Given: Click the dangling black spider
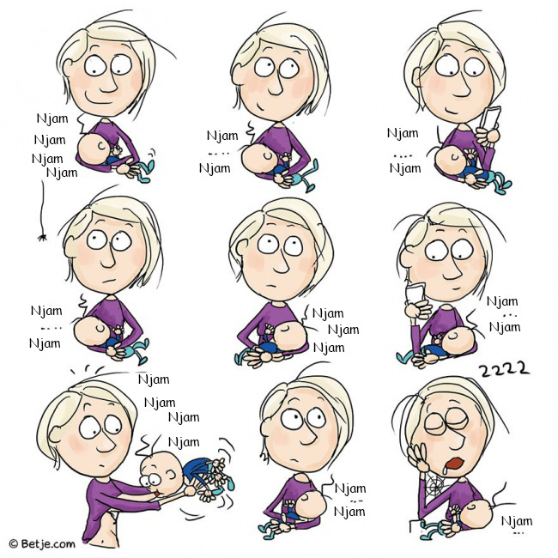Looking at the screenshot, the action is (42, 237).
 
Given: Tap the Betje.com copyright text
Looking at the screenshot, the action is (42, 543).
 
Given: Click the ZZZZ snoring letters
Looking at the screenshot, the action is (504, 369).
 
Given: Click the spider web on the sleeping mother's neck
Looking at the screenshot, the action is (435, 486).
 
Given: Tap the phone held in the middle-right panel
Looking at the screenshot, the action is (415, 294).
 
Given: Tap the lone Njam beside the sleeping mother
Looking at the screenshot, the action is (517, 521).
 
